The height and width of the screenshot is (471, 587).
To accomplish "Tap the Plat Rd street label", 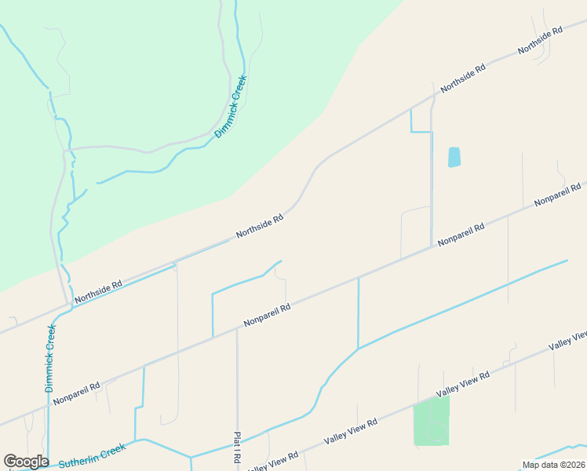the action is click(236, 447).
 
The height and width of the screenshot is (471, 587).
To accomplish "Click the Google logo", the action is click(26, 462).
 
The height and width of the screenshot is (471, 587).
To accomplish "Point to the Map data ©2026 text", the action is click(553, 465).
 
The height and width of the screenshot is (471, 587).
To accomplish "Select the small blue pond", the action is click(454, 157).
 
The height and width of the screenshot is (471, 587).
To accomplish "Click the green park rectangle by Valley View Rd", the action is click(431, 421).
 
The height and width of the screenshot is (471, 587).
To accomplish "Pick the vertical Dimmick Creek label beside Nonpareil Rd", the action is click(50, 358).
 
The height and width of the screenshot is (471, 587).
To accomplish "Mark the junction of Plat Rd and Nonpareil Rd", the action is click(236, 329).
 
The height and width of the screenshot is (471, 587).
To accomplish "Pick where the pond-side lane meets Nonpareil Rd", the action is click(432, 246).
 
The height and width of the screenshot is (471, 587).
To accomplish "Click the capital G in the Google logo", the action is click(11, 462).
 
